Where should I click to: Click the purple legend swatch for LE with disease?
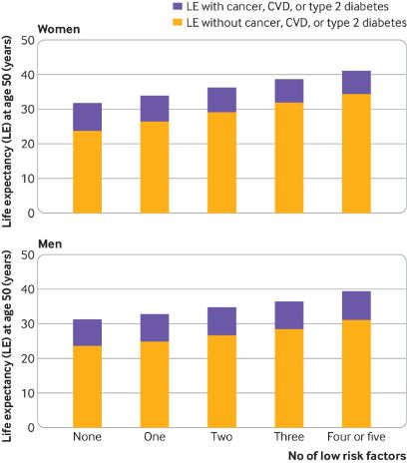tap(178, 6)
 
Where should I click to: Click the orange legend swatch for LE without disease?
tap(178, 23)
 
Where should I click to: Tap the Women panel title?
tap(59, 29)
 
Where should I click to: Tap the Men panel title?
tap(50, 243)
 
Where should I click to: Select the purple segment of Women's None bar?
tap(88, 117)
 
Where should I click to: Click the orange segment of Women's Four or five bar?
tap(356, 154)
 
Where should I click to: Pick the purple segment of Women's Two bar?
tap(221, 100)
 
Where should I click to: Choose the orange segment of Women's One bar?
tap(155, 168)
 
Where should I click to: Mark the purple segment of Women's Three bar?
tap(289, 91)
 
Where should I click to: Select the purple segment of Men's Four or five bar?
tap(356, 305)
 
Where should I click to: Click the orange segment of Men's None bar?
tap(88, 386)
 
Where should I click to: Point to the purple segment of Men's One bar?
tap(155, 327)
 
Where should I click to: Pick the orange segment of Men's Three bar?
tap(289, 378)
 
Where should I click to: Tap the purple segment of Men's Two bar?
tap(221, 321)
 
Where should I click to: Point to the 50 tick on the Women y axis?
tap(28, 41)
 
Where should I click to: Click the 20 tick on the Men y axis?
tap(28, 358)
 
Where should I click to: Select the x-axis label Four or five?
tap(356, 436)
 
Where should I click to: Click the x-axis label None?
tap(88, 436)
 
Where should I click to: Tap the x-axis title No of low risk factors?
tap(347, 455)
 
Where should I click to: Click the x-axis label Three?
tap(289, 436)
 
